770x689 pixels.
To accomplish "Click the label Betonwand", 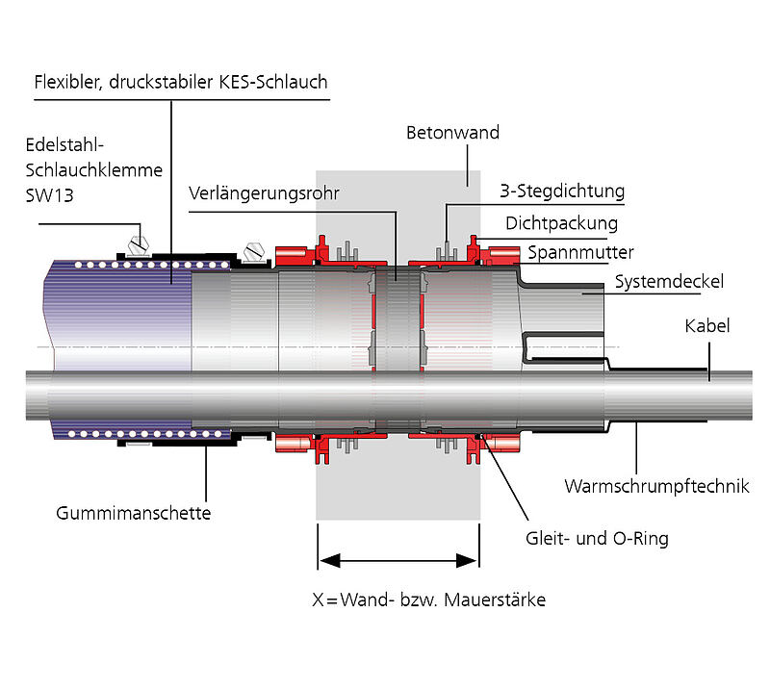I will click(452, 133).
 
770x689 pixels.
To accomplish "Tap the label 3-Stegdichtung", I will click(562, 191).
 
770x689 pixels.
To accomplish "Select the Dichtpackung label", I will click(561, 223).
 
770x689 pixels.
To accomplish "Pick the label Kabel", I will click(707, 326).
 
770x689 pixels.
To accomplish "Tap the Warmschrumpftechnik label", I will click(656, 486).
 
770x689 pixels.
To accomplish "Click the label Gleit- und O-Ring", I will click(597, 538).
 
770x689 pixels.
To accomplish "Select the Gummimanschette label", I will click(133, 513).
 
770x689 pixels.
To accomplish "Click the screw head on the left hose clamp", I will click(138, 237).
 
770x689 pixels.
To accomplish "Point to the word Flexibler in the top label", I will click(68, 82).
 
